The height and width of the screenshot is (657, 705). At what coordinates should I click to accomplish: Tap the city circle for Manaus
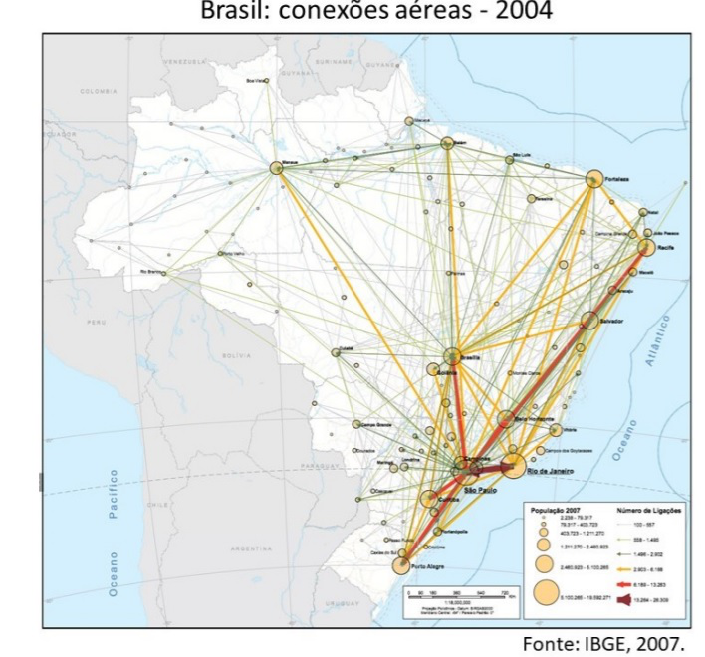[277, 169]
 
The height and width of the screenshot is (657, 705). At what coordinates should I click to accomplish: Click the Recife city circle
[646, 247]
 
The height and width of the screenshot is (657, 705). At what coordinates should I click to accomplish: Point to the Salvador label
[611, 322]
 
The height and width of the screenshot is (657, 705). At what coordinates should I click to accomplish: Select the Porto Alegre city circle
[402, 565]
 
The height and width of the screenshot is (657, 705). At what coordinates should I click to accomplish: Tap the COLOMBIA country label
[99, 90]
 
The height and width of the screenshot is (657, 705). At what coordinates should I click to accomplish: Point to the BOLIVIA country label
[237, 354]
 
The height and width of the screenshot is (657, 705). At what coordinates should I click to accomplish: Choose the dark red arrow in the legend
[628, 601]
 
